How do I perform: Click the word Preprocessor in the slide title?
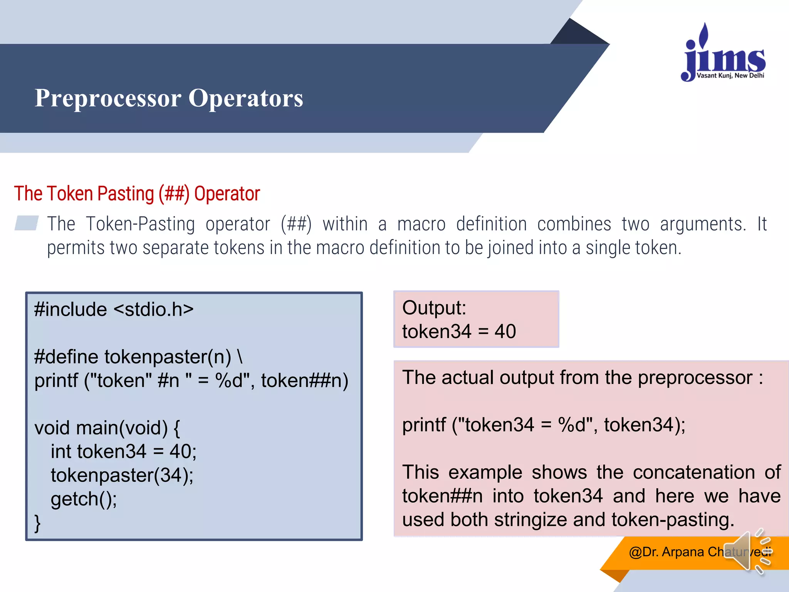pos(108,98)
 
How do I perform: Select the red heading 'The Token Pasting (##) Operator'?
pos(137,193)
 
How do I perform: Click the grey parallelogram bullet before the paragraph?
pos(27,223)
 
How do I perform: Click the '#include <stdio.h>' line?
pos(114,309)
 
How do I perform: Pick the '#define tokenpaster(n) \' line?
pos(138,357)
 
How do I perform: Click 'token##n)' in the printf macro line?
pos(304,381)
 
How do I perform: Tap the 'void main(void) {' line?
pos(107,428)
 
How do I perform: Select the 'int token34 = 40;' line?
pos(123,451)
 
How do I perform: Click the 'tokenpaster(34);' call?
pos(122,475)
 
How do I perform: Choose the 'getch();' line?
pos(84,499)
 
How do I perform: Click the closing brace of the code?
pos(37,523)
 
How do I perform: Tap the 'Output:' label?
pos(434,308)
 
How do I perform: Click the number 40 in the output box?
pos(505,331)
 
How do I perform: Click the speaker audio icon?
pos(747,552)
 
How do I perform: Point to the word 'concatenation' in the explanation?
pos(693,473)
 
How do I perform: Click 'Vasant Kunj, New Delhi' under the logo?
pos(730,76)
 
